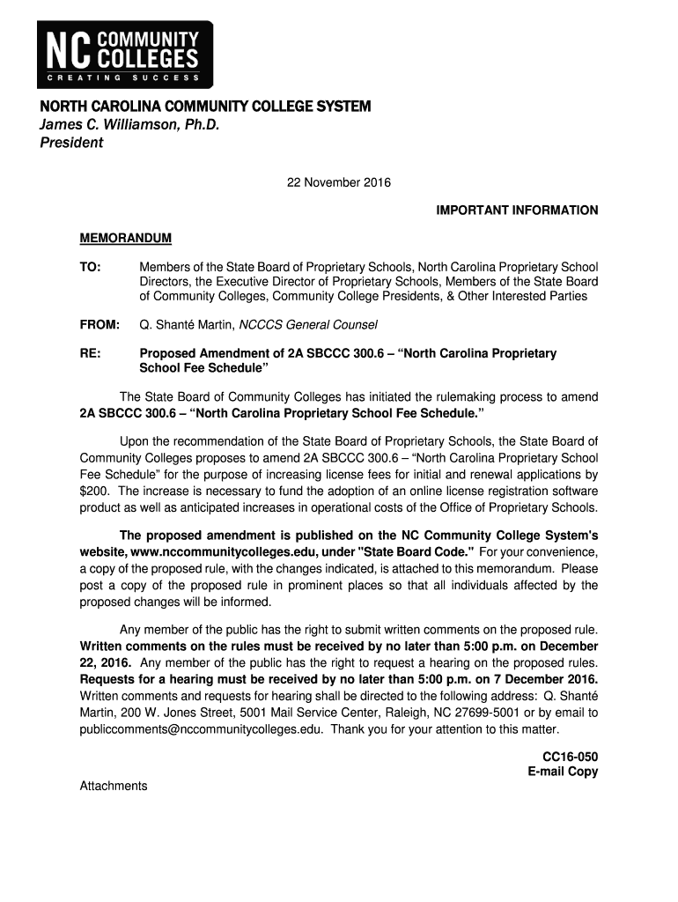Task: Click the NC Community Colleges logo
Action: [x=124, y=52]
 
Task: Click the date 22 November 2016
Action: [x=339, y=183]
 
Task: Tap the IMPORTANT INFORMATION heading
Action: [x=518, y=211]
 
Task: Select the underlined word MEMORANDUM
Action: [x=126, y=239]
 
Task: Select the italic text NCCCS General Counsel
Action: [x=308, y=324]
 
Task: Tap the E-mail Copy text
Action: [x=563, y=772]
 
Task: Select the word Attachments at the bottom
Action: [x=114, y=786]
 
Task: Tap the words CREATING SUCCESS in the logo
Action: [x=124, y=78]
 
